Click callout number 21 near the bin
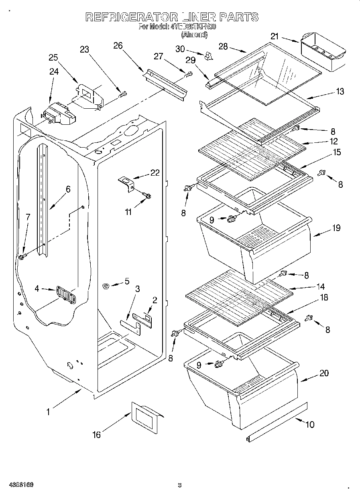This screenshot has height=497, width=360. click(x=274, y=37)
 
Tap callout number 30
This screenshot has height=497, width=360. click(x=180, y=49)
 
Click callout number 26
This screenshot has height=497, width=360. click(x=118, y=45)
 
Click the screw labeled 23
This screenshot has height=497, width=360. click(x=123, y=95)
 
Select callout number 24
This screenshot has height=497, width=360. click(x=54, y=71)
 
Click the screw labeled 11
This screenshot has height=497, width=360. click(x=147, y=195)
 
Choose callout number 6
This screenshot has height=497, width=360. click(x=68, y=189)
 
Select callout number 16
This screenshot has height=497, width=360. click(x=96, y=434)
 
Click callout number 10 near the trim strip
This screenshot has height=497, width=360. click(x=310, y=424)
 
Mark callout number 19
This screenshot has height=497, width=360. click(x=336, y=228)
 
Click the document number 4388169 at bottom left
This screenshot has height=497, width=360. click(x=20, y=485)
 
